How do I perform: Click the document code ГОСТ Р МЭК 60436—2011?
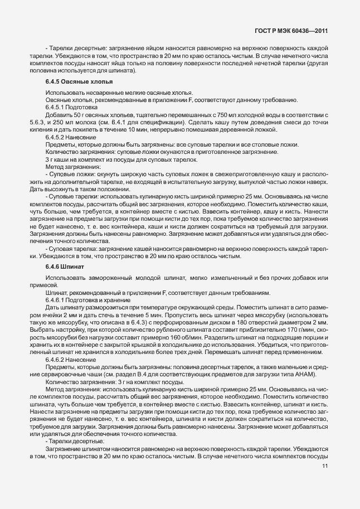294,32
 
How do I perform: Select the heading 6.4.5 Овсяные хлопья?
73,81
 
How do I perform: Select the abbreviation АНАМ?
305,376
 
